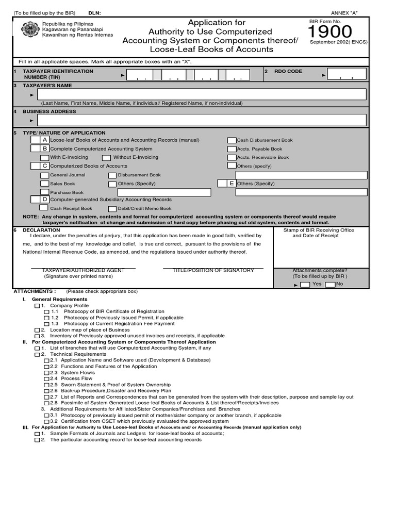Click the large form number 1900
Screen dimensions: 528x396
coord(330,32)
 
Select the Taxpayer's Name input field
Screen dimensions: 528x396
coord(201,94)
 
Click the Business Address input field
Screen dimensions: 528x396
coord(201,120)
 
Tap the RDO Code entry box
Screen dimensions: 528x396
coord(347,74)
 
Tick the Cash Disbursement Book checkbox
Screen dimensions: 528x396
coord(232,140)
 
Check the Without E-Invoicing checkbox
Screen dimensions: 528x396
coord(106,158)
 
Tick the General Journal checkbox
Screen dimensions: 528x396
coord(45,175)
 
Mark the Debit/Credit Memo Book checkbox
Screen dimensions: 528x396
coord(112,208)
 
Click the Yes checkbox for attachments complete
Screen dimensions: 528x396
coord(305,285)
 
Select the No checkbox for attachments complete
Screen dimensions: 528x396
coord(330,285)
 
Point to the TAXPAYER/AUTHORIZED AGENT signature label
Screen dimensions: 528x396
coord(83,270)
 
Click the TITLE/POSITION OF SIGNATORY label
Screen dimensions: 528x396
coord(213,270)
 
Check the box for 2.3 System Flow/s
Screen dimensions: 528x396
coord(47,373)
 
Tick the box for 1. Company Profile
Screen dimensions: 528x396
coord(37,306)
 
